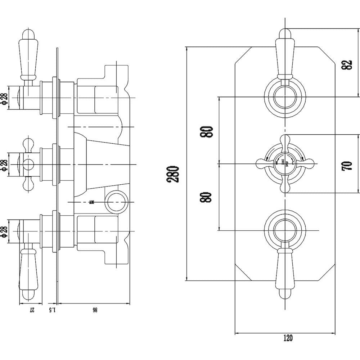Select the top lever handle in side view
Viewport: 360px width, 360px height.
[x=29, y=54]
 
